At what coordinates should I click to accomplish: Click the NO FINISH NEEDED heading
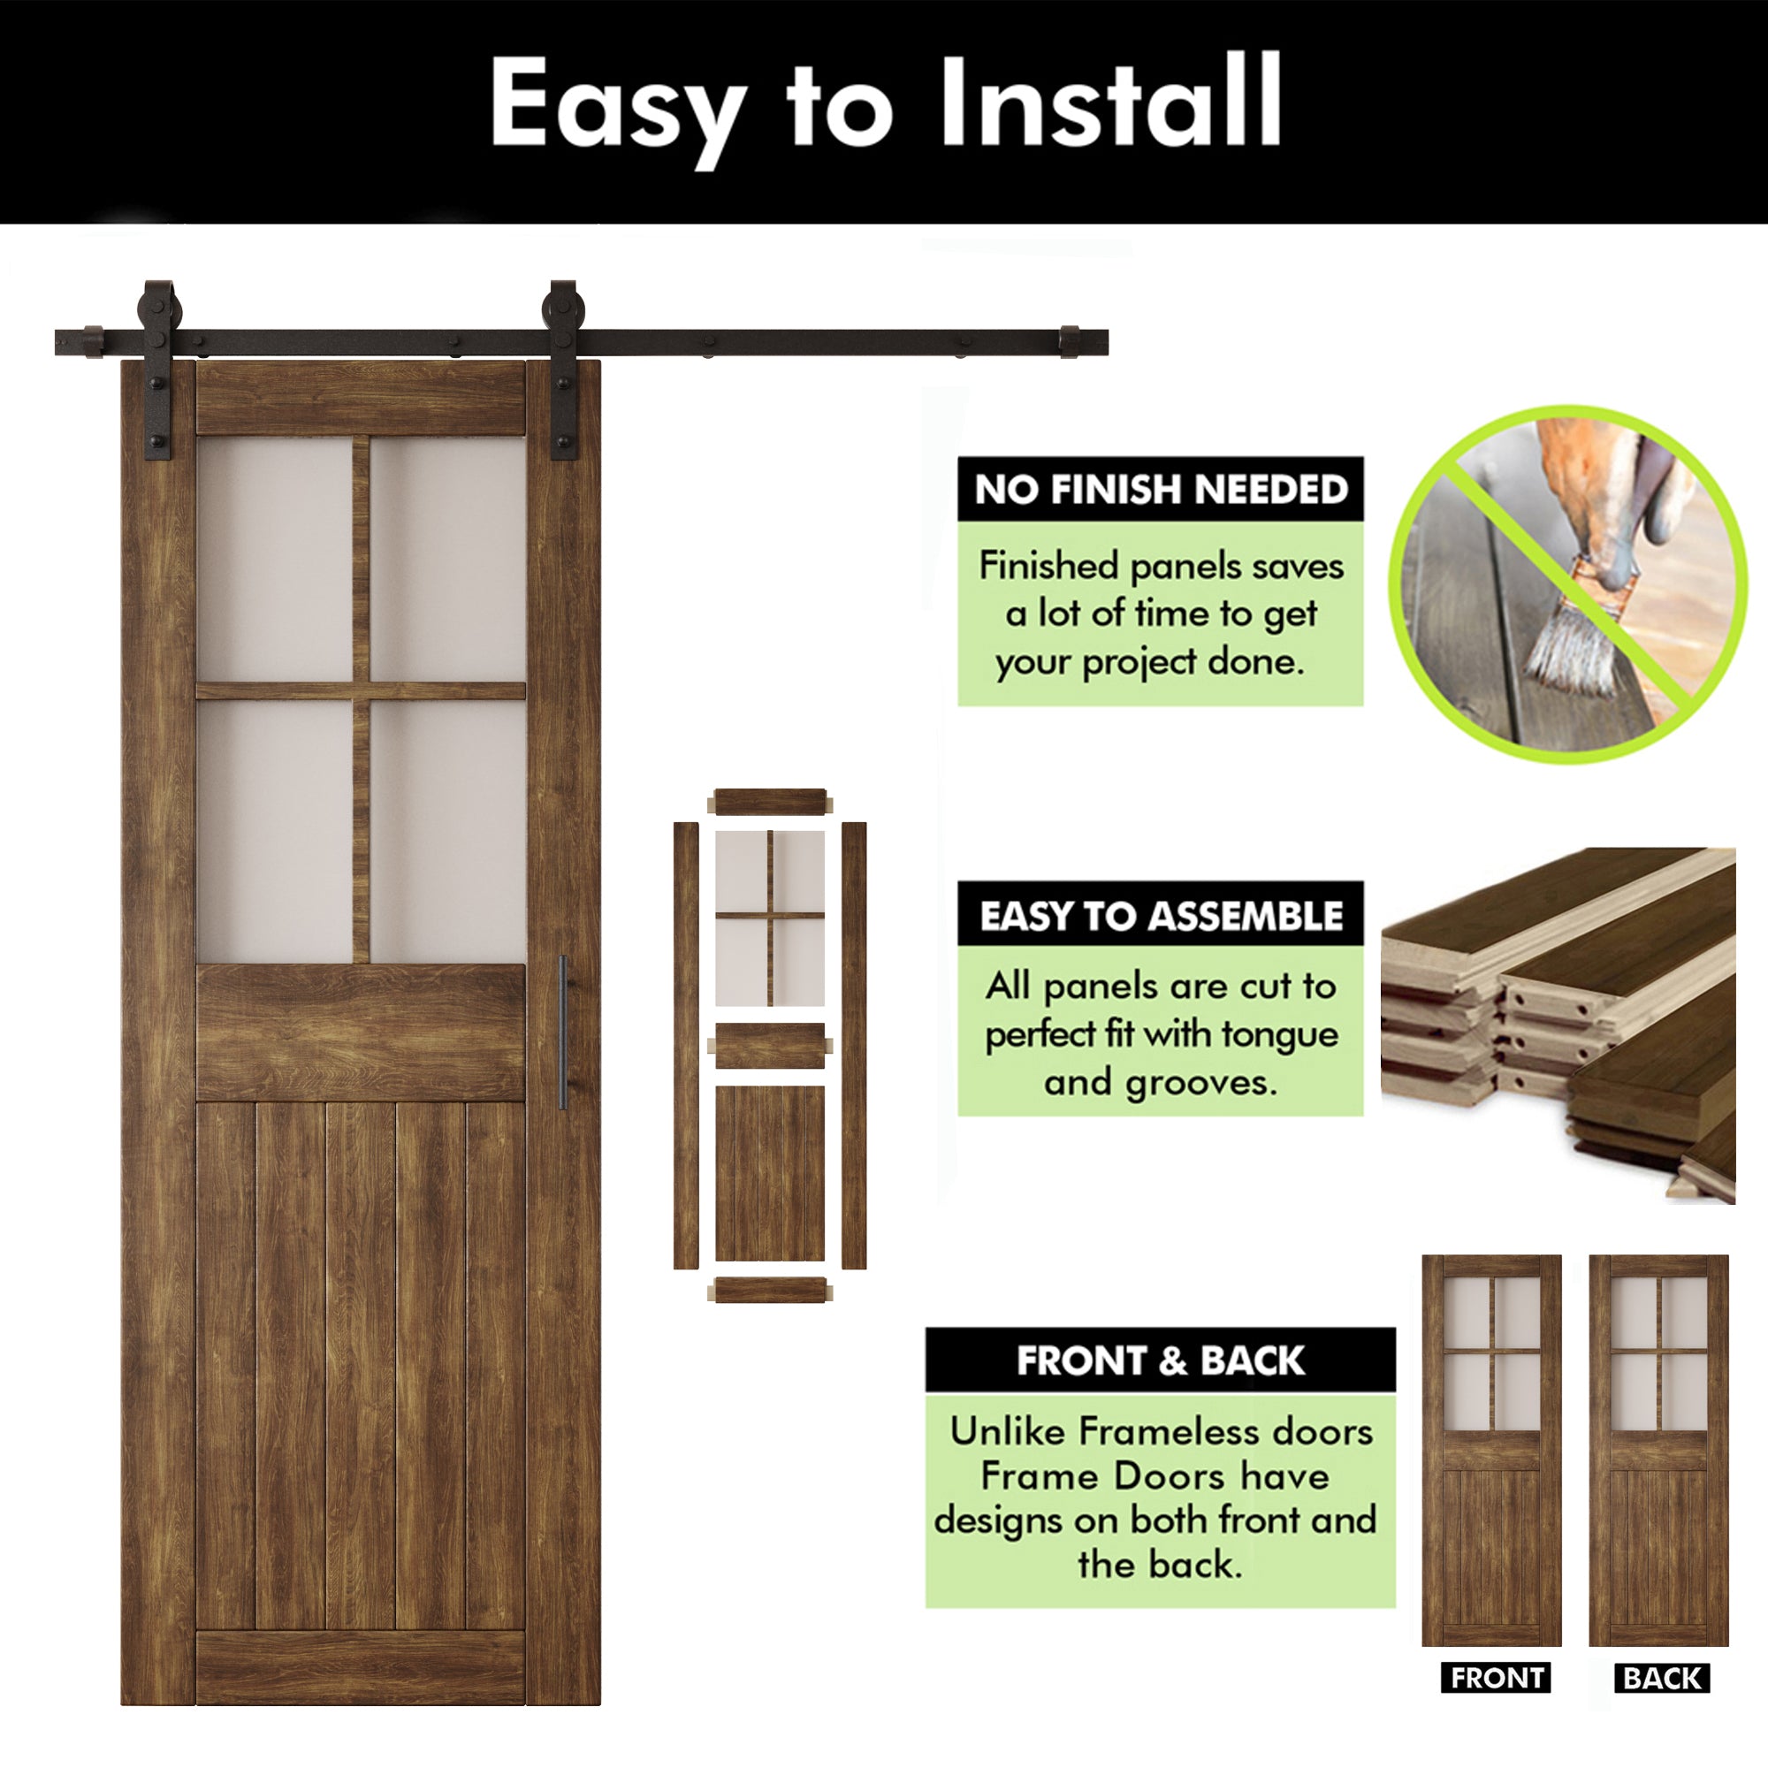(x=1161, y=490)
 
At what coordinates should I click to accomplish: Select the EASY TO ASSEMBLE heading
(x=1161, y=916)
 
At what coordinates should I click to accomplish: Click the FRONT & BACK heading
(x=1161, y=1360)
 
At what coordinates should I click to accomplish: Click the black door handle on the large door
(x=563, y=1033)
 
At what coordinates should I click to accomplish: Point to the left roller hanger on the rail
(x=158, y=366)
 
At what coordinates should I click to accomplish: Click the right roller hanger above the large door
(x=563, y=366)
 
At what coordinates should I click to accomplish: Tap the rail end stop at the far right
(x=1069, y=341)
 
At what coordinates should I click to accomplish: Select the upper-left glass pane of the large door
(x=275, y=558)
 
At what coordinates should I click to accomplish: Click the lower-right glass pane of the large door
(x=447, y=830)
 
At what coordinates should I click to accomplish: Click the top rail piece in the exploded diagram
(x=770, y=802)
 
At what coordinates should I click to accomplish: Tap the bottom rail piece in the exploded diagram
(x=770, y=1291)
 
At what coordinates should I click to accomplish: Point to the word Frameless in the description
(x=1152, y=1431)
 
